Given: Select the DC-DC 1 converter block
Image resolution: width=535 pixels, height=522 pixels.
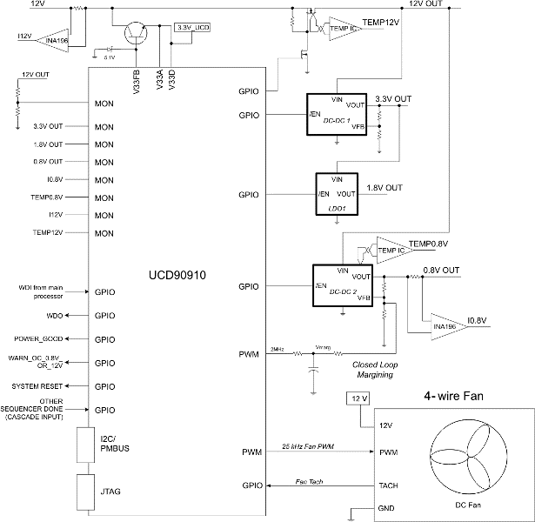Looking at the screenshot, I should [336, 113].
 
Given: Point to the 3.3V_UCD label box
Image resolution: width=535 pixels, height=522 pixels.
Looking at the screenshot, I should [194, 28].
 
